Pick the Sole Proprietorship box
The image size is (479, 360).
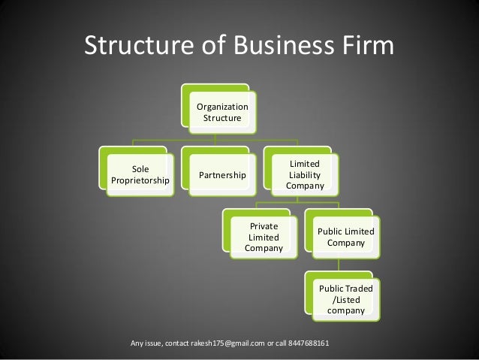click(140, 175)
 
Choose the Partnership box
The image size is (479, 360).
click(222, 175)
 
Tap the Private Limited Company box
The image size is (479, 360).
click(264, 237)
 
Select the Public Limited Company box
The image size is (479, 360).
click(345, 237)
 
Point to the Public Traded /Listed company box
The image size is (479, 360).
click(345, 299)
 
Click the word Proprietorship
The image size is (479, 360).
click(140, 181)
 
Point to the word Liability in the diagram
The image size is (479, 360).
click(305, 174)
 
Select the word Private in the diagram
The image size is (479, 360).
click(264, 225)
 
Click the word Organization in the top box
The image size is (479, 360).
click(222, 107)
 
